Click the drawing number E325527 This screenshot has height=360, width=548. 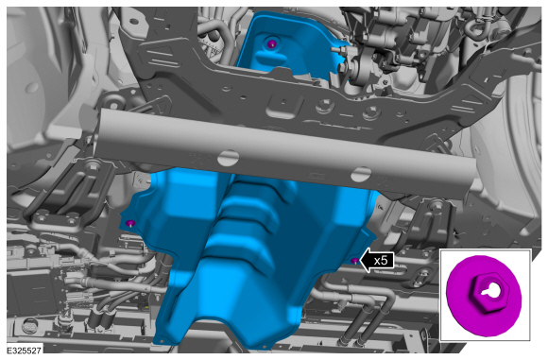tap(25, 351)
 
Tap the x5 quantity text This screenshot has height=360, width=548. tap(381, 261)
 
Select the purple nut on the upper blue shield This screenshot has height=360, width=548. tap(271, 44)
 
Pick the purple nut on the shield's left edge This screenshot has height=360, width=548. tap(130, 223)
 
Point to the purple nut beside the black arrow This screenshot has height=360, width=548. tap(354, 261)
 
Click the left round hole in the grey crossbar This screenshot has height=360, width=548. tap(229, 158)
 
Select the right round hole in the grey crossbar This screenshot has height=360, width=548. tap(362, 174)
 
